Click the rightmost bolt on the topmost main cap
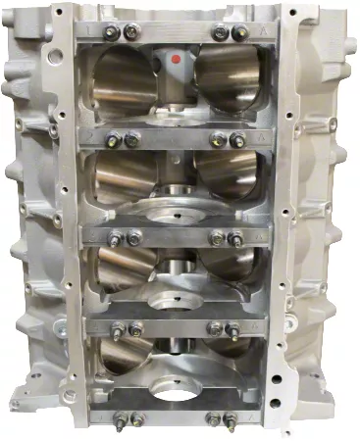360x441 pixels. click(238, 33)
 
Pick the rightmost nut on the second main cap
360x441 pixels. click(237, 140)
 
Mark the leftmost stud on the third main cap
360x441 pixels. click(116, 237)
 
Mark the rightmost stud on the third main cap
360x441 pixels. click(236, 237)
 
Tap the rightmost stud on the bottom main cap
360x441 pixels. click(232, 419)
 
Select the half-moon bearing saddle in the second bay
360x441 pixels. click(177, 208)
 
